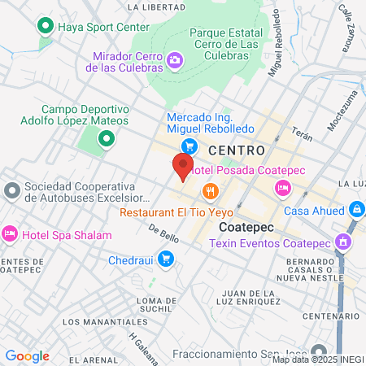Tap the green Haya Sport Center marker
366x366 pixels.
tap(46, 26)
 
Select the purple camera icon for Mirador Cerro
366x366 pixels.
tap(174, 60)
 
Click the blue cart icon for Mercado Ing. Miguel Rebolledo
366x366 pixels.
tap(190, 146)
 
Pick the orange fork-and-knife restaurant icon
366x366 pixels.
tap(211, 192)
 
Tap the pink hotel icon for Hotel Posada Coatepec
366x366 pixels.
tap(282, 189)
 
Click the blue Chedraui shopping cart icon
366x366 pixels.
tap(166, 259)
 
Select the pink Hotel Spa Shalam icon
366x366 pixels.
tap(11, 234)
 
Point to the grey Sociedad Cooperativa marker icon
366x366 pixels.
tap(11, 192)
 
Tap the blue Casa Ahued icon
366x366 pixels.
tap(356, 210)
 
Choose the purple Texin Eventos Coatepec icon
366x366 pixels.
tap(344, 242)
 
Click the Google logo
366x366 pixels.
tap(27, 355)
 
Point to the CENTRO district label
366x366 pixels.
tap(237, 150)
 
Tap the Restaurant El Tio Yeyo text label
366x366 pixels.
tap(170, 211)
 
